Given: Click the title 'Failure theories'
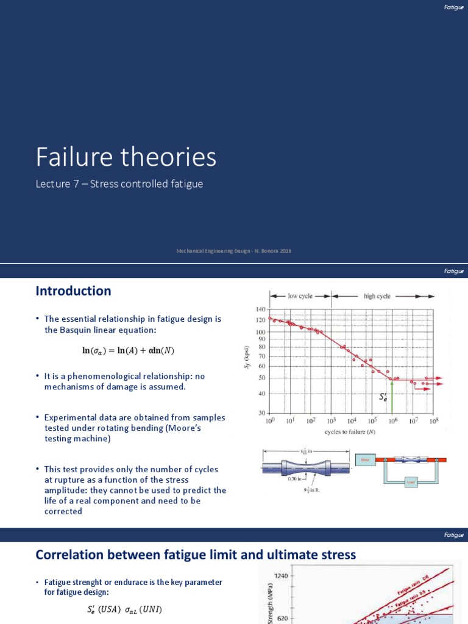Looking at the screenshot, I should (x=126, y=157).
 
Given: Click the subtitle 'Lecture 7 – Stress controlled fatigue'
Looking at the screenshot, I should (x=119, y=184).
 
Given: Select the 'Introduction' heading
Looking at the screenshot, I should (x=73, y=291).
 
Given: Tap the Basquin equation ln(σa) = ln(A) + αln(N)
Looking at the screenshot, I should (x=132, y=350).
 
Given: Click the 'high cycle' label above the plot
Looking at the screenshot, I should (x=377, y=296).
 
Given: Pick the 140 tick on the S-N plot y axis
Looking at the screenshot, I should (x=260, y=310).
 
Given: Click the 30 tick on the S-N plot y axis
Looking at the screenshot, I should (x=261, y=413).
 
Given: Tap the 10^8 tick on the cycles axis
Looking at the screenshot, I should (x=433, y=421).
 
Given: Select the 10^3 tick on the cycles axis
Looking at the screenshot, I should (x=331, y=421).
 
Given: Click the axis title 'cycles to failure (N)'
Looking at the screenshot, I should (x=350, y=432).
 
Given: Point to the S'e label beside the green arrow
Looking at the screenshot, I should (x=383, y=397).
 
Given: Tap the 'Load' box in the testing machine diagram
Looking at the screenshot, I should (x=410, y=481).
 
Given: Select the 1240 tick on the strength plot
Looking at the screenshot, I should (x=281, y=575).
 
